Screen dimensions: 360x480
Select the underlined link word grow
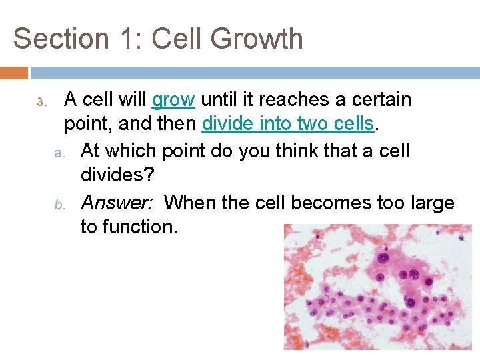(x=173, y=101)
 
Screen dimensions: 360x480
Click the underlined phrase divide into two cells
(x=288, y=125)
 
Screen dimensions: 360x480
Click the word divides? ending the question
(x=117, y=176)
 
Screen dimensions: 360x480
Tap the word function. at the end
(x=129, y=227)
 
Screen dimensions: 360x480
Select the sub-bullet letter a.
(x=58, y=153)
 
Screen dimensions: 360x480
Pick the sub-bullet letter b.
(x=58, y=203)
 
